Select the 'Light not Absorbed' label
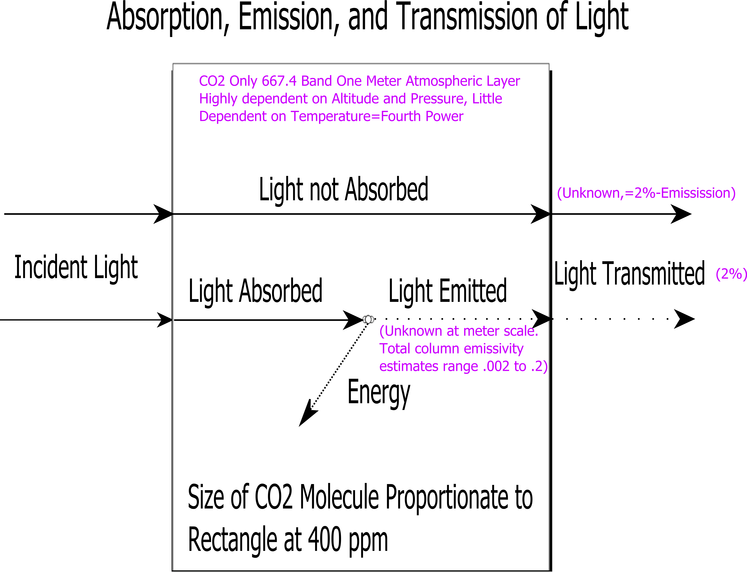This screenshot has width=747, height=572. point(343,190)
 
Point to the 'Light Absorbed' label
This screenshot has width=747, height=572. point(255,291)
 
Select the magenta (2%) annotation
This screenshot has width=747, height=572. point(731,274)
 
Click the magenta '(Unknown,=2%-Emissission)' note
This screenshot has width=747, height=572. point(646,193)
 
